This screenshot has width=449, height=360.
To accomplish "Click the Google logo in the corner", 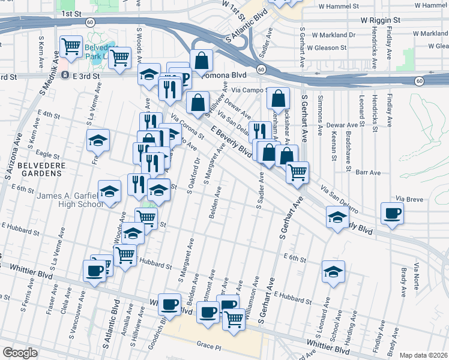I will [x=19, y=353].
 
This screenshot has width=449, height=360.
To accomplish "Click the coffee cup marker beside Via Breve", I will [x=392, y=214].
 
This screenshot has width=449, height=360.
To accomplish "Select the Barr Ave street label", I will [x=368, y=173].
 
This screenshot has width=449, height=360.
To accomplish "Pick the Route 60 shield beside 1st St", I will [x=89, y=22].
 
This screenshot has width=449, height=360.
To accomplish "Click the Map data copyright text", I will [x=424, y=355].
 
